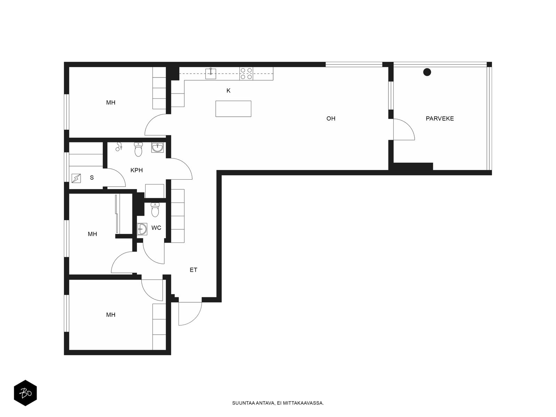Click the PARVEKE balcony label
(x=440, y=118)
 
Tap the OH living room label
(x=330, y=118)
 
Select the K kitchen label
(x=228, y=91)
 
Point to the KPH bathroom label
(x=137, y=170)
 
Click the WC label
(x=156, y=228)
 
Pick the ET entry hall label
(x=193, y=270)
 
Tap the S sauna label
(x=92, y=178)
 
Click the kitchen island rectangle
(x=233, y=109)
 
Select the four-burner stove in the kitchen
(x=246, y=73)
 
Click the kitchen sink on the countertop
(x=211, y=73)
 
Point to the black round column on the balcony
(x=427, y=72)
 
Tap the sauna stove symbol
(x=76, y=178)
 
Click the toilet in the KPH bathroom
(x=138, y=149)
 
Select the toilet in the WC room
(x=155, y=210)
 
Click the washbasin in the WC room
(x=142, y=229)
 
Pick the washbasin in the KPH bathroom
(x=157, y=148)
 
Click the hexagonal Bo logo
(x=25, y=393)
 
